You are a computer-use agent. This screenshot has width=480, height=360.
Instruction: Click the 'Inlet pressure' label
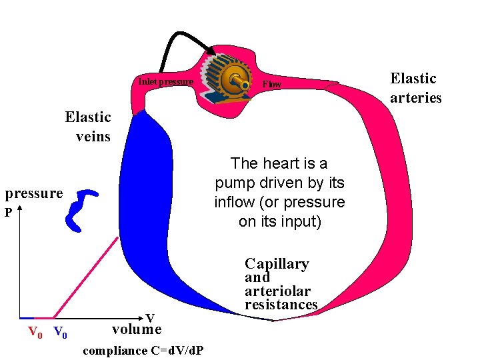point(166,82)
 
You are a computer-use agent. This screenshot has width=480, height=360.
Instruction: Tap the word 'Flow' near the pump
point(272,85)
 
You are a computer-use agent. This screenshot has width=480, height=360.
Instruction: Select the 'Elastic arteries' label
point(415,88)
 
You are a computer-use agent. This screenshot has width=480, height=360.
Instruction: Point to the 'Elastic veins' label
point(88,127)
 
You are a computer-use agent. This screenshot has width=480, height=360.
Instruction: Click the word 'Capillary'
point(277,264)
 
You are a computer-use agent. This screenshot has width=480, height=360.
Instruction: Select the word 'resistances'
point(281,305)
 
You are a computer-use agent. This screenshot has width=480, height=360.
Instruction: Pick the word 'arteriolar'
point(277,291)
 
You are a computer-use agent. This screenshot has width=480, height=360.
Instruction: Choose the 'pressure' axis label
point(34,193)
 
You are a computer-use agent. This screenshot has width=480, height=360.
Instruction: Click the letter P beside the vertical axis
point(9,214)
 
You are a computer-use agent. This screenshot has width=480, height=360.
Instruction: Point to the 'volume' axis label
point(136,329)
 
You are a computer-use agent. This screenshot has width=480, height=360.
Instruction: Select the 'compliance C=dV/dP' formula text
point(143,351)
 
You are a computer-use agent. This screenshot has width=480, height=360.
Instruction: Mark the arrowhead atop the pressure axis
point(21,213)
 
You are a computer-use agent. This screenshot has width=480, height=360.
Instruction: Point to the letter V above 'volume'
point(150,318)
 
